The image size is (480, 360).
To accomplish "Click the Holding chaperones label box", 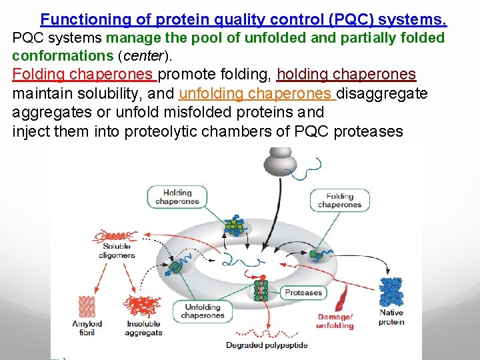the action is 177,197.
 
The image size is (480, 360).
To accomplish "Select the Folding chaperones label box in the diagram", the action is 339,201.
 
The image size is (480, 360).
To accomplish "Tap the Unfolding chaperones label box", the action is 201,311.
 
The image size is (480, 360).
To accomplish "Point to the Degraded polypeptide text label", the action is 267,345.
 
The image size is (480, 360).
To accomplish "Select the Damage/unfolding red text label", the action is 335,321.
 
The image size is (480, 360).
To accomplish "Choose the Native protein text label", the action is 391,317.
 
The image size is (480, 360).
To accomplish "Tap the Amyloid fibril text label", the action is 87,328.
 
